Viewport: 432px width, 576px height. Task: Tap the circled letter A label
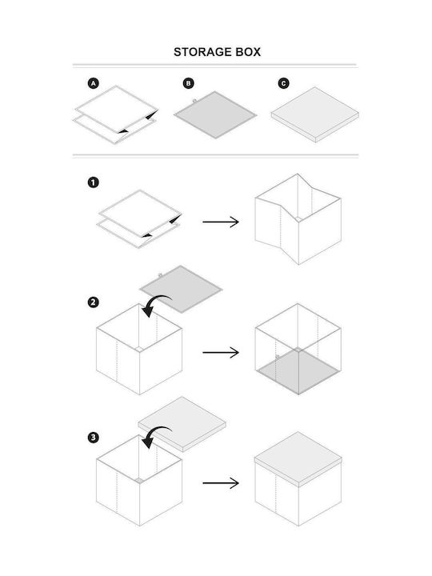point(94,83)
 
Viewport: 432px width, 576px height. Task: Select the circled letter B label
point(189,83)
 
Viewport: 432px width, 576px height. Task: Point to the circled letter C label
point(283,83)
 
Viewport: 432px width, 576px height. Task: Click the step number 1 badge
point(94,182)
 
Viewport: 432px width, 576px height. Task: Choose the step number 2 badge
point(94,302)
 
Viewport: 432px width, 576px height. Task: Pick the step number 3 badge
point(94,438)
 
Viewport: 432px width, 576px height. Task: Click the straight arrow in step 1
point(221,222)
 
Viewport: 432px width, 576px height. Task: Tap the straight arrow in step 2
point(221,353)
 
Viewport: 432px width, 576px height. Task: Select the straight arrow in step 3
point(221,483)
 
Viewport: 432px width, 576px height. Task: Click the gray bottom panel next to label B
point(215,115)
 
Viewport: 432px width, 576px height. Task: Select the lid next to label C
point(315,114)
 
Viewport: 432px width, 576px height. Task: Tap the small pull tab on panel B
point(194,100)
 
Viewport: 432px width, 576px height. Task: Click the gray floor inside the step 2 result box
point(298,370)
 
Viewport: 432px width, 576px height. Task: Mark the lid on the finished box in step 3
point(298,459)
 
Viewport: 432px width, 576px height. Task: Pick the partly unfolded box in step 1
point(298,219)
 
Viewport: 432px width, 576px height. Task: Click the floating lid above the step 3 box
point(182,424)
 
